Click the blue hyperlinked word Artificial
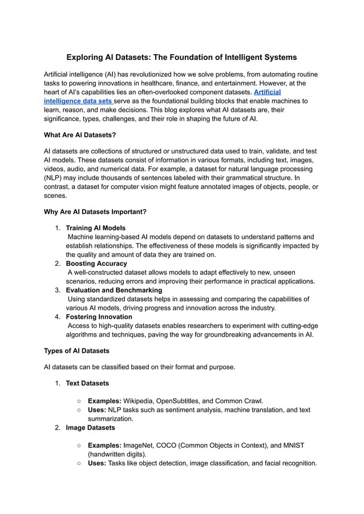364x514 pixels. pos(267,92)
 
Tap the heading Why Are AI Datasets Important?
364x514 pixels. pos(95,212)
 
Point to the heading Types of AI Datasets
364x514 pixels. pos(76,350)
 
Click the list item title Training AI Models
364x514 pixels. pos(95,228)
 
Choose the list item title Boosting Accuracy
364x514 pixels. pos(96,264)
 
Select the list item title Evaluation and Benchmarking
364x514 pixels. pos(114,290)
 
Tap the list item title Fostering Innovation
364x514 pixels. pos(99,317)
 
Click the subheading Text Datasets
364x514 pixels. pos(87,383)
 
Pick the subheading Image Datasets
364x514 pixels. pos(90,427)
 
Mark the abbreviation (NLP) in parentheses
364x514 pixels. pos(54,178)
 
